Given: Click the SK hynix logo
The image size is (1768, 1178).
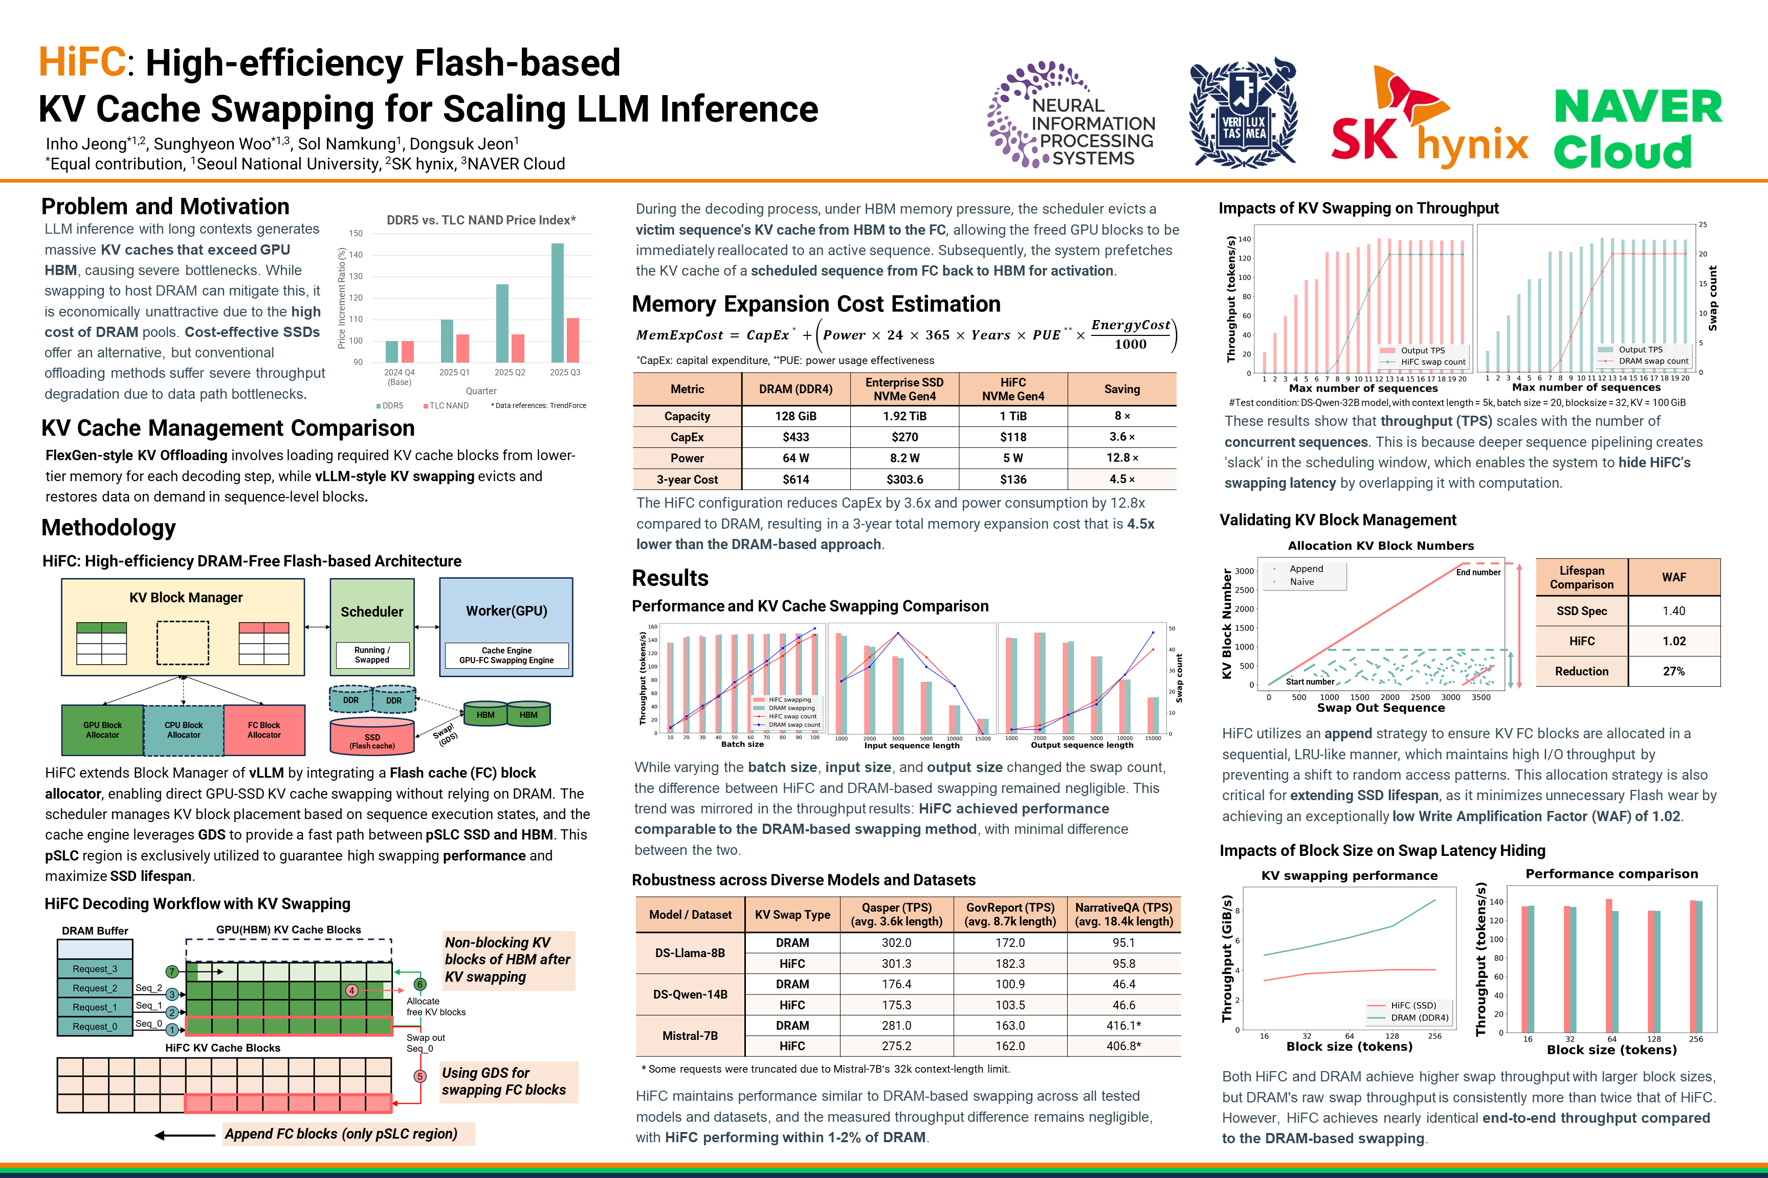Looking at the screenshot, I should pos(1428,120).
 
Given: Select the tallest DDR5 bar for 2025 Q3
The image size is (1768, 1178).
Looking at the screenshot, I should pos(557,302).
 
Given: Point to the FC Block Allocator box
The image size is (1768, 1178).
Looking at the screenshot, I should pos(264,730).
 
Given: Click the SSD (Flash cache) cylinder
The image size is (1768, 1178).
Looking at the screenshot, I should pos(372,736).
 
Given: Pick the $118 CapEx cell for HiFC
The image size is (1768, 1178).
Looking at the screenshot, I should pos(1012,437).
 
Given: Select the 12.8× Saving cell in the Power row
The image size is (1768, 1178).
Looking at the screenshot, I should pos(1121,458).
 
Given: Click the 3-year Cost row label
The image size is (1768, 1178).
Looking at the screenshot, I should pos(687,479).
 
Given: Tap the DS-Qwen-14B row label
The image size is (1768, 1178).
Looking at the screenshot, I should pos(690,994).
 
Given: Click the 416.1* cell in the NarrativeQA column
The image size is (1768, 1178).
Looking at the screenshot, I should pos(1124,1026).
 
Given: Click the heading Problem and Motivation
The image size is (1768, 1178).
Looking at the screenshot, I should pos(165,207).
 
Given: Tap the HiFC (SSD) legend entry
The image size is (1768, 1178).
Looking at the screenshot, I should pos(1412,1005).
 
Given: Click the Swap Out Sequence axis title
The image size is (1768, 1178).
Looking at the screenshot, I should pos(1381,708).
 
